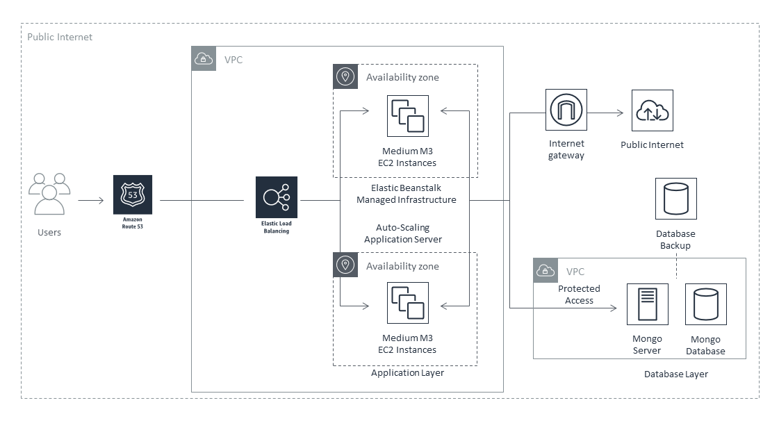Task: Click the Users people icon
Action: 49,194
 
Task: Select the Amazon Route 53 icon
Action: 133,195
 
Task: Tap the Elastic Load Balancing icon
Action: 277,197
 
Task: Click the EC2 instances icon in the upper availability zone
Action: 408,116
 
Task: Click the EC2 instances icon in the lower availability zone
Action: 408,303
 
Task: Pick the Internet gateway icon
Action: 566,110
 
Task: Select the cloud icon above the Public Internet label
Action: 652,110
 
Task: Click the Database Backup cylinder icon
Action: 675,199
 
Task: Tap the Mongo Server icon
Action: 647,304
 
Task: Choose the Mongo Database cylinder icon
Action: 706,304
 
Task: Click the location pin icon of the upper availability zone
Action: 345,76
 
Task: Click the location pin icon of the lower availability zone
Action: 345,265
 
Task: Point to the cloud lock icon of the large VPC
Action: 204,59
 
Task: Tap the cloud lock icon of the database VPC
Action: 546,270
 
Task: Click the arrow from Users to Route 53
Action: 90,201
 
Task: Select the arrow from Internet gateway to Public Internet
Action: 609,113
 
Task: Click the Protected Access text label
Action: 579,295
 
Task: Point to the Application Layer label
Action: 407,373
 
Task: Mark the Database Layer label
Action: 675,374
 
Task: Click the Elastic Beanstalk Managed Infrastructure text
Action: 407,194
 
